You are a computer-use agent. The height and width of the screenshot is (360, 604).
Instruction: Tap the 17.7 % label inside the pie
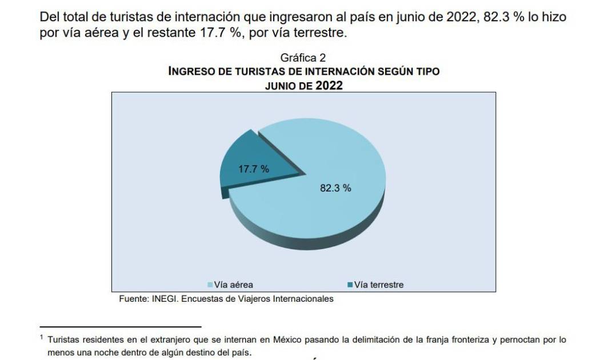tap(254, 169)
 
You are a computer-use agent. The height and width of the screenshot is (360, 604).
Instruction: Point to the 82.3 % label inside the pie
tap(335, 188)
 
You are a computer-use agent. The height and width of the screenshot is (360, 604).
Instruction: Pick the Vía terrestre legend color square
tap(349, 285)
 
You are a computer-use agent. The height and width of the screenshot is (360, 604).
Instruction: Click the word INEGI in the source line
tap(165, 298)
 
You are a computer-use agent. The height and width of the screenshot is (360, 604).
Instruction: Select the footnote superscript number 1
tap(42, 337)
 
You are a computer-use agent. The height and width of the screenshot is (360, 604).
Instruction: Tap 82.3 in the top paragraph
tap(493, 17)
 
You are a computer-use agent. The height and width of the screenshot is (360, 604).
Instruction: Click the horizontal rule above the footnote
tap(121, 326)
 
